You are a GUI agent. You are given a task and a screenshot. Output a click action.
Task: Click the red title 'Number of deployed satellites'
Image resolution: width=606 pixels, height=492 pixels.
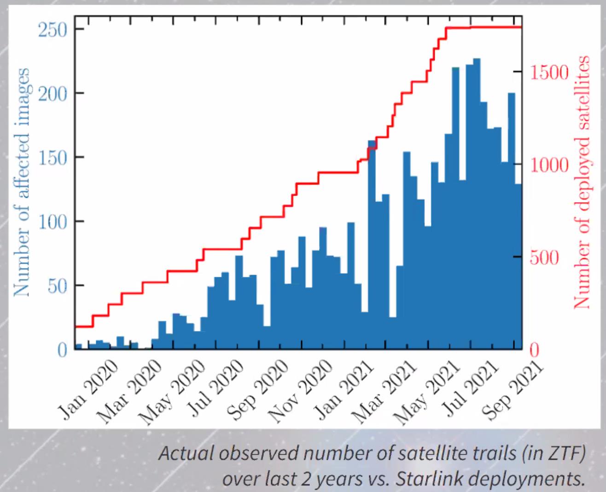point(583,182)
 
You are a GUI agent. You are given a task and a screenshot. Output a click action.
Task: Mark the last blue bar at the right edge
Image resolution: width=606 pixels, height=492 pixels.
point(518,267)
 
